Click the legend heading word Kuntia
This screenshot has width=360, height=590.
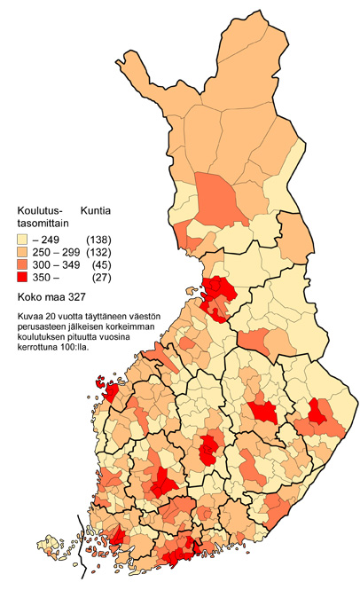[96, 210]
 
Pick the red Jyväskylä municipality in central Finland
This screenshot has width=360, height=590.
[210, 449]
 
